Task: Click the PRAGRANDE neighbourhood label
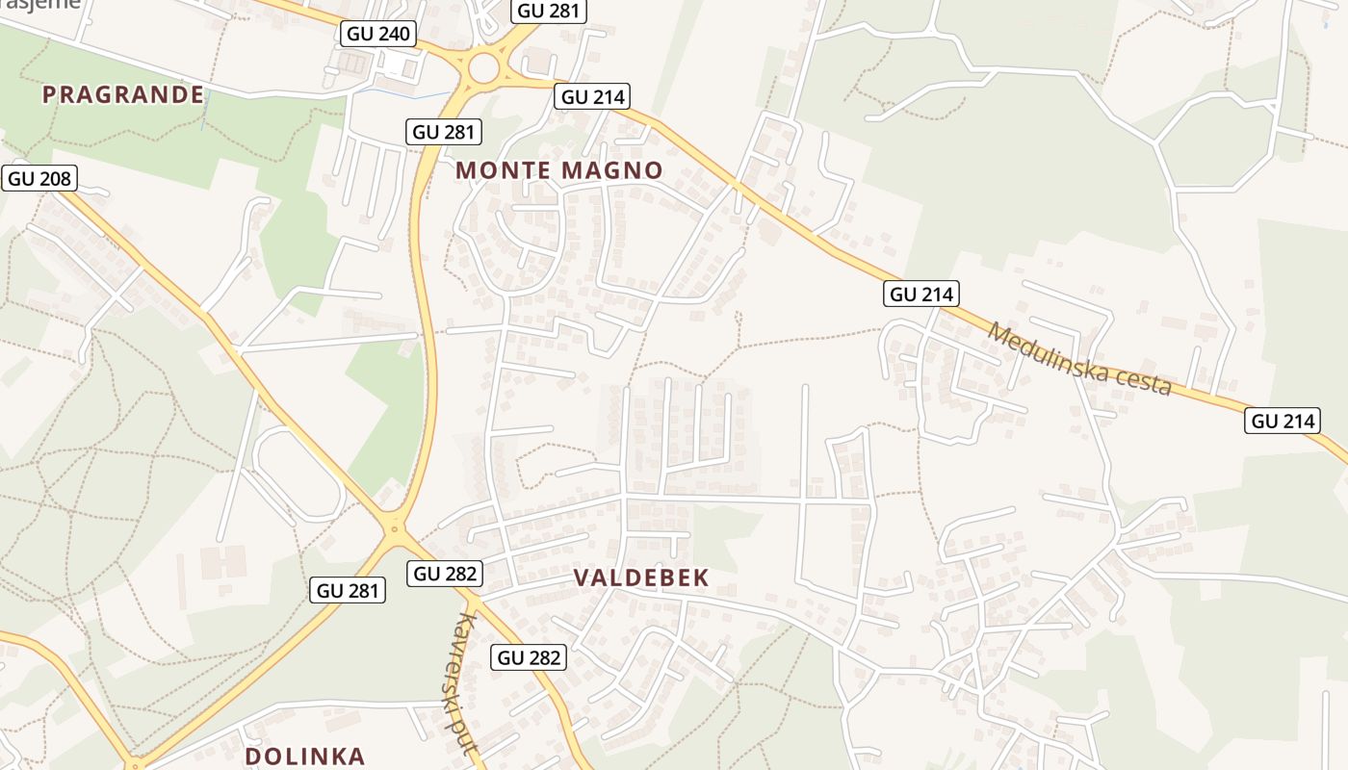(123, 94)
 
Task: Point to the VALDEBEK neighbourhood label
(641, 577)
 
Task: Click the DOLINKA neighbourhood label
(305, 756)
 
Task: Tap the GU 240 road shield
(378, 35)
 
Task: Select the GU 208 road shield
(40, 178)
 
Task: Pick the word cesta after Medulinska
(1140, 382)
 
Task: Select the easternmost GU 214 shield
(1283, 421)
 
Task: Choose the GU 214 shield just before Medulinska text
(922, 294)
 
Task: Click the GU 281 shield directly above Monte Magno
(444, 132)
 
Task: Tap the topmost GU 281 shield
(549, 11)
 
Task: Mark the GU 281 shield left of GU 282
(348, 590)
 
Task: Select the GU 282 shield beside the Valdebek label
(445, 574)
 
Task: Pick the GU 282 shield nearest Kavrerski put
(529, 657)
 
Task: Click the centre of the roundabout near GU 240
(483, 67)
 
